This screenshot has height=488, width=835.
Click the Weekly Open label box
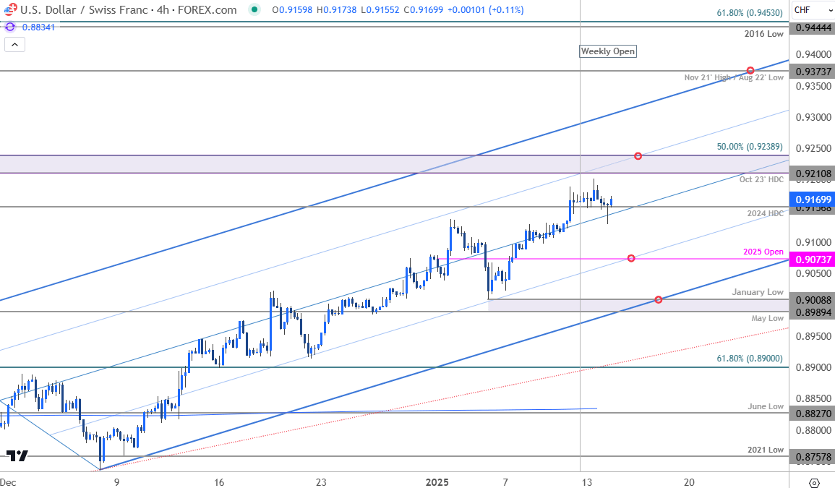click(608, 51)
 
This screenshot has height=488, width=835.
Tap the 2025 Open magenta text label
click(763, 252)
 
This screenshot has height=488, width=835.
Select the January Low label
click(757, 292)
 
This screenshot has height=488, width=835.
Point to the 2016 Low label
click(764, 34)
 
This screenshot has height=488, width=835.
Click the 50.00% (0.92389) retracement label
click(750, 147)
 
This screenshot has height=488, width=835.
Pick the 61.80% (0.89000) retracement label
click(750, 359)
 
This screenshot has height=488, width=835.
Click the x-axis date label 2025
click(437, 482)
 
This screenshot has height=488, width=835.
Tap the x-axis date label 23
click(321, 482)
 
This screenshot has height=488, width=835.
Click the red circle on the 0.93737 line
click(750, 70)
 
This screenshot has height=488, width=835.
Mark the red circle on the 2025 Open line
click(631, 258)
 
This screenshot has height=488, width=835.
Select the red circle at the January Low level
click(658, 299)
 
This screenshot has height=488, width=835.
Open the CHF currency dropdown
click(811, 9)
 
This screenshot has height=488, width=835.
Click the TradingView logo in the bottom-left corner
click(17, 456)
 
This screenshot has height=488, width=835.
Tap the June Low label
click(766, 406)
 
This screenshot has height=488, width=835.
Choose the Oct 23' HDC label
click(761, 179)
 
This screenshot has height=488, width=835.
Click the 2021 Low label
click(766, 450)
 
